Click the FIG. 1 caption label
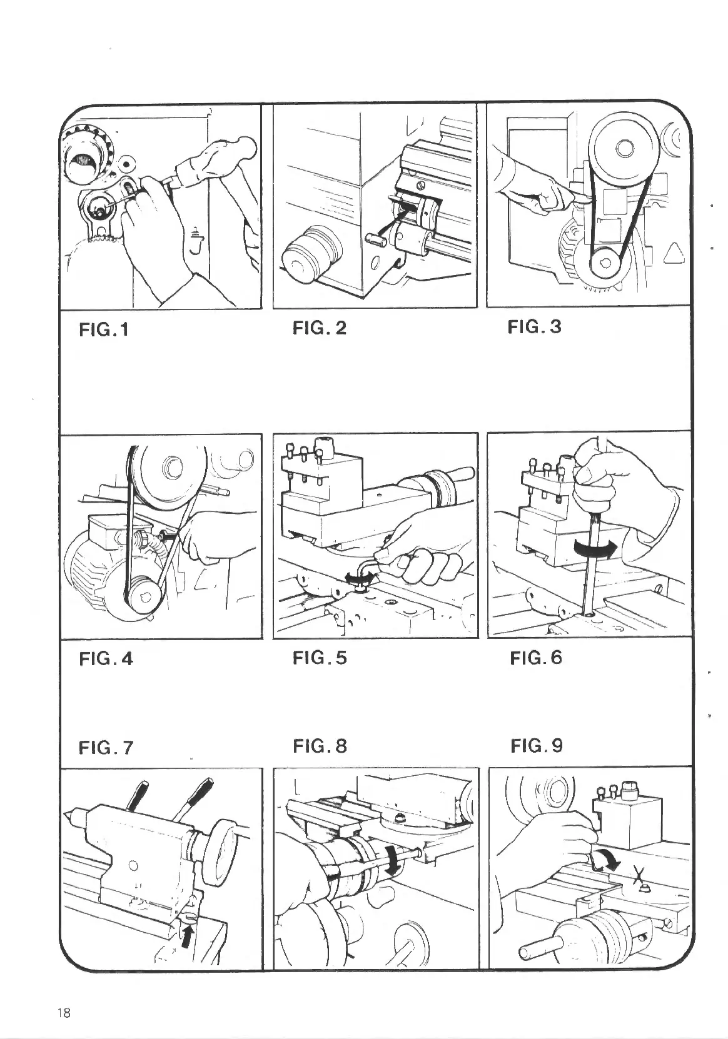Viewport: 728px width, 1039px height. point(103,329)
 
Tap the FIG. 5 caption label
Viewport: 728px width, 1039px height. point(319,658)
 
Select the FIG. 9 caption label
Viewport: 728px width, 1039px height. point(536,745)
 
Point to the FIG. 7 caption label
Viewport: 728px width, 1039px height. point(106,747)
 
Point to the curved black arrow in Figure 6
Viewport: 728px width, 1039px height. point(595,548)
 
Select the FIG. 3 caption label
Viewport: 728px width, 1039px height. point(534,327)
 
